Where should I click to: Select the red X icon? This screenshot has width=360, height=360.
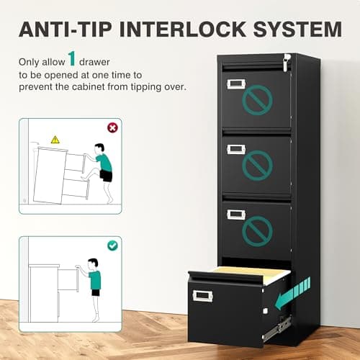tap(112, 127)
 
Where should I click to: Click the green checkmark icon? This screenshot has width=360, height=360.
tap(112, 246)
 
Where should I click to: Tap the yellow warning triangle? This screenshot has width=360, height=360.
tap(55, 139)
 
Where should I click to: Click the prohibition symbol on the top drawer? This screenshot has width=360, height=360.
tap(256, 102)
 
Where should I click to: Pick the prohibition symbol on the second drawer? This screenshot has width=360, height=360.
tap(257, 165)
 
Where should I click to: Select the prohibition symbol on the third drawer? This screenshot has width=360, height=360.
tap(256, 230)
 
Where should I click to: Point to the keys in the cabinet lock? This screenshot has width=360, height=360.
tap(287, 63)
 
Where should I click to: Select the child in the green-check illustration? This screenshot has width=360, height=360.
tap(94, 277)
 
